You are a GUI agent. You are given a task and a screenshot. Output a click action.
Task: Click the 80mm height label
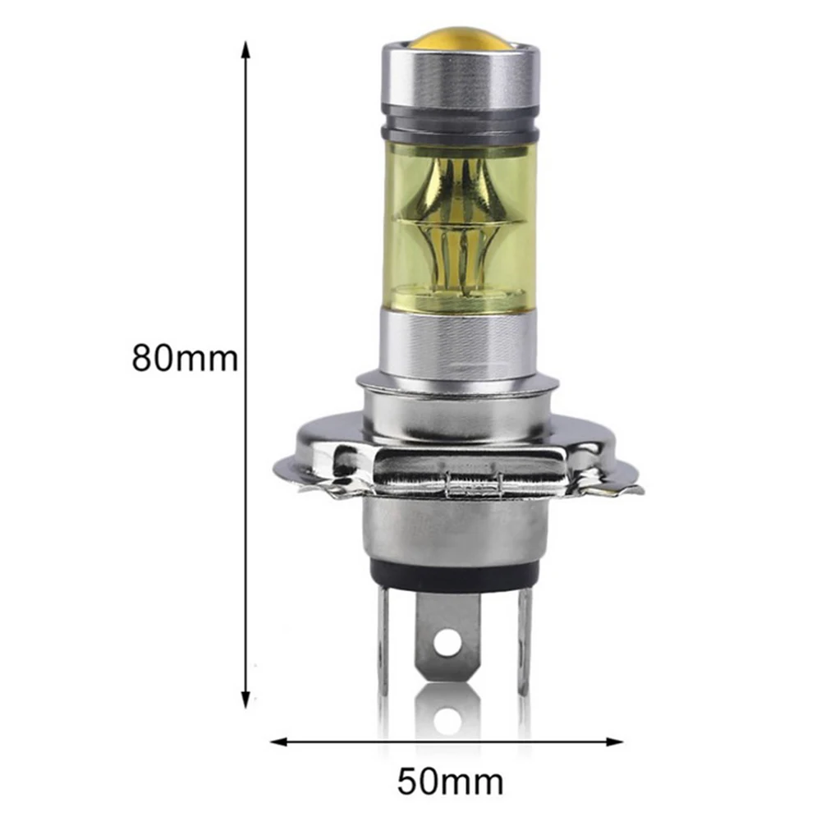coord(185,359)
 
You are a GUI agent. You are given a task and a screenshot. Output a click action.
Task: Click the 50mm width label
coord(450,782)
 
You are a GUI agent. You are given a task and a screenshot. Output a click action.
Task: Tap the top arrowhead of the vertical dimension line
coord(245,50)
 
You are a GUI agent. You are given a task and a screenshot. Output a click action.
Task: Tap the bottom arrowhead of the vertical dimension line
coord(245,699)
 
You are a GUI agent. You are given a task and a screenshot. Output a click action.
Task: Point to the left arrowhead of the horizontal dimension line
coord(279,742)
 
